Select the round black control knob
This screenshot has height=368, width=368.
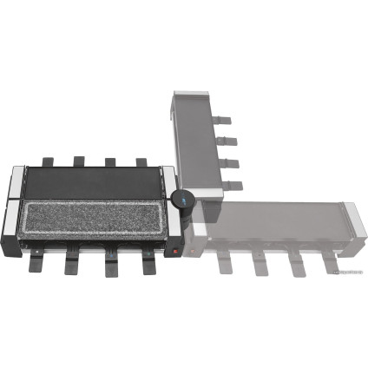coord(184,200)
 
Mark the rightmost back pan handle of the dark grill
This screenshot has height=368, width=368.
coord(141,161)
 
